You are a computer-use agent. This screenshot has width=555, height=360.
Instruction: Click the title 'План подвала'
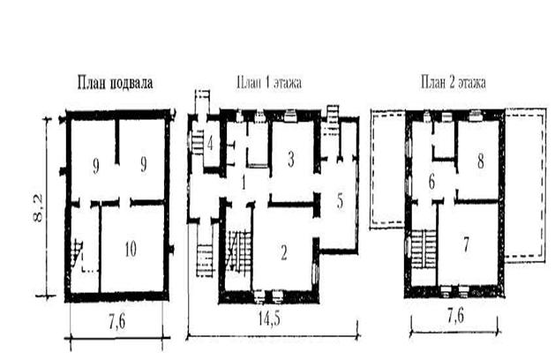[116, 83]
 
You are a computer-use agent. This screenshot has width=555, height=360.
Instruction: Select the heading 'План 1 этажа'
[269, 83]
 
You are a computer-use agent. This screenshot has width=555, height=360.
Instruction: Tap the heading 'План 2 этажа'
[454, 83]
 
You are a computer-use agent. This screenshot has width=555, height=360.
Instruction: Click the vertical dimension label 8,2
[38, 208]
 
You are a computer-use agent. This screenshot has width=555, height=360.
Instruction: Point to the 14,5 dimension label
[269, 319]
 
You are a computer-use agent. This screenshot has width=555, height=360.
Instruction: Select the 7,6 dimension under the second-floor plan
[455, 316]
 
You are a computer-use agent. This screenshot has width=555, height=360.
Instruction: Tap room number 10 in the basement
[131, 250]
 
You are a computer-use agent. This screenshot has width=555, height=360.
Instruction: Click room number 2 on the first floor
[284, 252]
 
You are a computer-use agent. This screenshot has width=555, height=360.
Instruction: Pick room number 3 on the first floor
[290, 160]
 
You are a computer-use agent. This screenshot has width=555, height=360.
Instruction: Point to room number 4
[210, 144]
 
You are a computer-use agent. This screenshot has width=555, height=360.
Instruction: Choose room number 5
[340, 201]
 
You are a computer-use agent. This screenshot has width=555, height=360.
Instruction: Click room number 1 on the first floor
[244, 183]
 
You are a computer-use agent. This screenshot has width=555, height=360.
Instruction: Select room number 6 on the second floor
[431, 183]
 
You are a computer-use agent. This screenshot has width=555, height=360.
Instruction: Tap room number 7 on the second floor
[466, 244]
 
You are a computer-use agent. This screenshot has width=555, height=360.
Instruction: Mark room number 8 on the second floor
[480, 161]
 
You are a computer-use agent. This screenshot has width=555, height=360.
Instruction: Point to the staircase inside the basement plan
[77, 253]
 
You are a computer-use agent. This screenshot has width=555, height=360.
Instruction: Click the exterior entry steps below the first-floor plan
[205, 260]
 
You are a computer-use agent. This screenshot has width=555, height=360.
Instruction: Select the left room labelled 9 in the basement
[95, 167]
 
